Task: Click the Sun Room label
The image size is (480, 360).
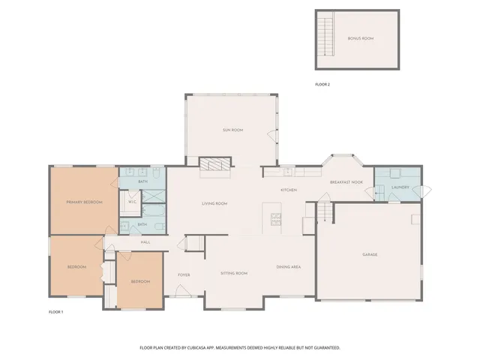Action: tap(232, 130)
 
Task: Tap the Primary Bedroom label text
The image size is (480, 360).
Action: tap(83, 202)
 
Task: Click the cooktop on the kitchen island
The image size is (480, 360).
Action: tap(275, 219)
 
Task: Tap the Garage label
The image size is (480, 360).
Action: tap(370, 255)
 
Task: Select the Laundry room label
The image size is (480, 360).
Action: tap(400, 187)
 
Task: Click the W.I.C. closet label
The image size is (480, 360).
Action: tap(132, 202)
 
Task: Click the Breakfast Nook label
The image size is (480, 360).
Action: tap(346, 182)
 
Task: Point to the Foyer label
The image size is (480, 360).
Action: tap(184, 274)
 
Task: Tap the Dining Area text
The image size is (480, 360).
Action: tap(289, 267)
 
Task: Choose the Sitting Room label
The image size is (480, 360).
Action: tap(233, 273)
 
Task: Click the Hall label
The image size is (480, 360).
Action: tap(145, 242)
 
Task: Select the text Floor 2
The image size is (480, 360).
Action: tap(322, 84)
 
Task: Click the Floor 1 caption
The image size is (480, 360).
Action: tap(56, 310)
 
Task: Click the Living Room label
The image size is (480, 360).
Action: tap(214, 204)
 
